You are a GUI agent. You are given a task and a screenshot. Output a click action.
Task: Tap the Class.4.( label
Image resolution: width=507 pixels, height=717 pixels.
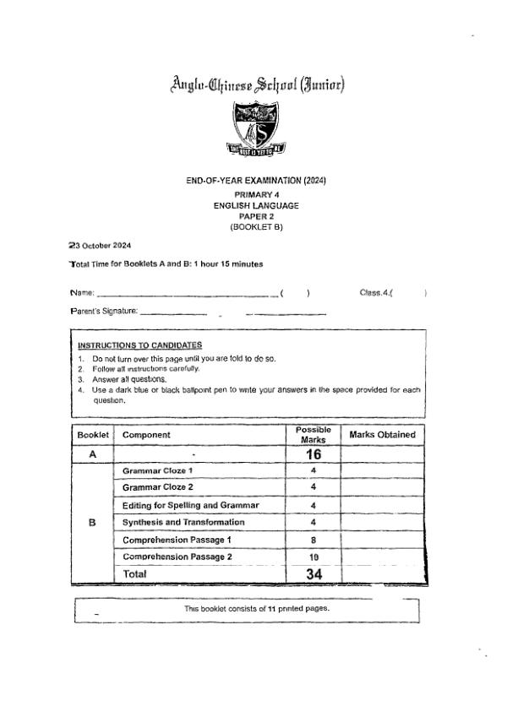(377, 293)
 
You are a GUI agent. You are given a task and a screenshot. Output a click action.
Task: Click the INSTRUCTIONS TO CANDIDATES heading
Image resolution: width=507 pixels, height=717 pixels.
(139, 345)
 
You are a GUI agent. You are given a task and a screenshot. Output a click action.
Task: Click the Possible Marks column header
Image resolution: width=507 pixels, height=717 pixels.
(312, 435)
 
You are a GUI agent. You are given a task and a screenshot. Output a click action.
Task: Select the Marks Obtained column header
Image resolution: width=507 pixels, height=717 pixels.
(382, 435)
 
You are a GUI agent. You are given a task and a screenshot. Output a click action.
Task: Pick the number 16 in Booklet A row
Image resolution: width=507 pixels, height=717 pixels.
(313, 454)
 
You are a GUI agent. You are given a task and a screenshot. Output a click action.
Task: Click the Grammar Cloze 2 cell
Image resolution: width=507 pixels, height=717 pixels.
(158, 487)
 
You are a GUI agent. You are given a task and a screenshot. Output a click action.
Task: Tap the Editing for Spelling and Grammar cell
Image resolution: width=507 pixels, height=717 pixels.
(190, 505)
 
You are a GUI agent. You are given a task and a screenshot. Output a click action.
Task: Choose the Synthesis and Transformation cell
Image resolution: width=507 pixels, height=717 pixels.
(183, 522)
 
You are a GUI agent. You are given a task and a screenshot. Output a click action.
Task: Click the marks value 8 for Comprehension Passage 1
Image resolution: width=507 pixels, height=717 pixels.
(313, 540)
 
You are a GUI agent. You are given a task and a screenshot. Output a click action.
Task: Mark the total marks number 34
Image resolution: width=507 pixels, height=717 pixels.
(313, 574)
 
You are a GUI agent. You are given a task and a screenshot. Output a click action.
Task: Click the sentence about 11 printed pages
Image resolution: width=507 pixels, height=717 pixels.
(256, 608)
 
